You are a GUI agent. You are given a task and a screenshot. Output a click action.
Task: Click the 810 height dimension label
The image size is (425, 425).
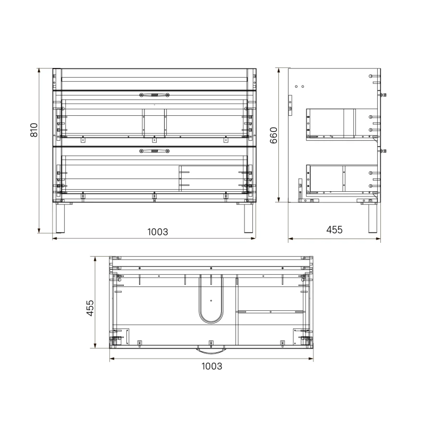pos(34,130)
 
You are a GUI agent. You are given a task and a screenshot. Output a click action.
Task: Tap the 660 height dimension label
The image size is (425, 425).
pos(274,135)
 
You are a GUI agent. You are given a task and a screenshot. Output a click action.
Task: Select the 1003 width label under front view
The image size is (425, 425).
pos(157,232)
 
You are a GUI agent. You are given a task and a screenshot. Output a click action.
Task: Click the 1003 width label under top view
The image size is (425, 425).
pos(211,366)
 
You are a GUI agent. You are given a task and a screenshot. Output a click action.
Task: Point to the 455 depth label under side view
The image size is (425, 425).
pos(334,230)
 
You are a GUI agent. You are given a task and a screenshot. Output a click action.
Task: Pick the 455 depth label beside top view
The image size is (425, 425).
pos(90,308)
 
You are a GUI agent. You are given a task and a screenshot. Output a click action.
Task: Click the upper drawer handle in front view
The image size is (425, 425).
pos(154,95)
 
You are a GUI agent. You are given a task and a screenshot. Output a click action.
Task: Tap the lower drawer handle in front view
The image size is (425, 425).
pos(154,151)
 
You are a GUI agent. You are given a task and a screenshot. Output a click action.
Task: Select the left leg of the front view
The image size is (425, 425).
pos(61,218)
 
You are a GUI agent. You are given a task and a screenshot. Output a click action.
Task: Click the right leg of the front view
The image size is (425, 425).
pos(249,218)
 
